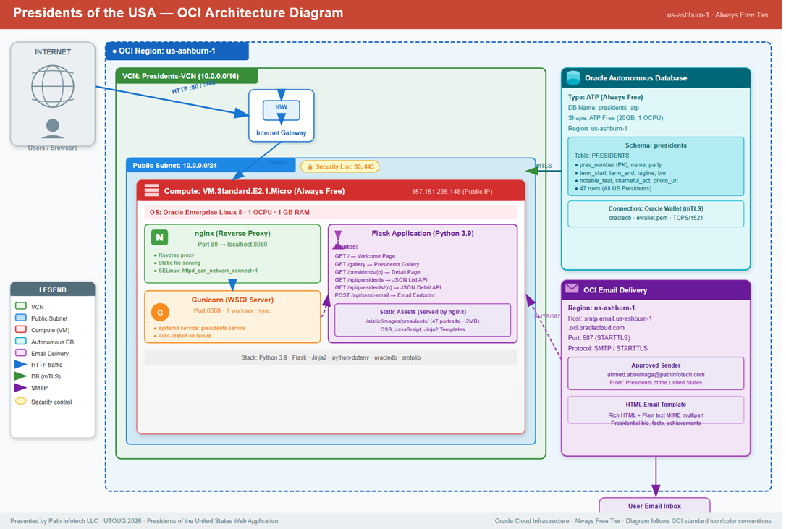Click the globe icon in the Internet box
point(53,86)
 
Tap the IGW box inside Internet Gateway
point(282,107)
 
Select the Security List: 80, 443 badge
point(339,167)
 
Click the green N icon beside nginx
point(159,237)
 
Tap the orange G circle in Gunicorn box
point(160,313)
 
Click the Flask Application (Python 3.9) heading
point(423,234)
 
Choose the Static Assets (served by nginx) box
point(423,320)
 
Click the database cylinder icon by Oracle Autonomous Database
point(573,78)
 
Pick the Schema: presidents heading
point(656,145)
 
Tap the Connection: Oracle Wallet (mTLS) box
point(656,213)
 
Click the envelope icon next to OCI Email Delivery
point(572,289)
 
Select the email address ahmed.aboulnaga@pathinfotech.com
point(656,374)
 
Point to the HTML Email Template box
point(656,410)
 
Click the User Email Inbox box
point(654,505)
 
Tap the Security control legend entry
point(51,402)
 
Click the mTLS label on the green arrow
point(544,166)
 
